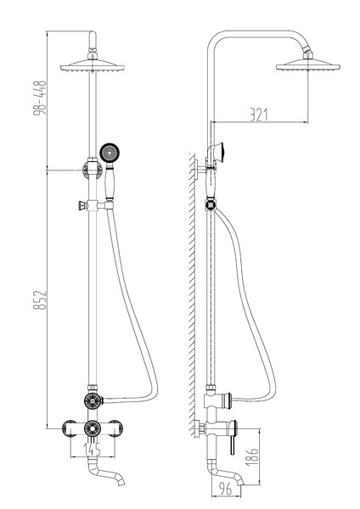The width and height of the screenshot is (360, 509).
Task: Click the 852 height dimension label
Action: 40,300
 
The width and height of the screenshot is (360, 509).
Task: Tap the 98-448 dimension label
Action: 40,98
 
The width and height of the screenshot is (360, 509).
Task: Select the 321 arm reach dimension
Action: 259,115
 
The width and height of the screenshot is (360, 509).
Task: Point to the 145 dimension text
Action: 93,450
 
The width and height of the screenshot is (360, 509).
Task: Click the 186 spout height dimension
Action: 252,457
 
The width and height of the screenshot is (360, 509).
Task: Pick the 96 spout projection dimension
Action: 225,489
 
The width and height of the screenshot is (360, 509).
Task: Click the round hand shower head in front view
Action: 110,153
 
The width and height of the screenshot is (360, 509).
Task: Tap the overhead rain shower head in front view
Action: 93,66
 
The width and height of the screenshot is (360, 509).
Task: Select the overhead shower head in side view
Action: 307,64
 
